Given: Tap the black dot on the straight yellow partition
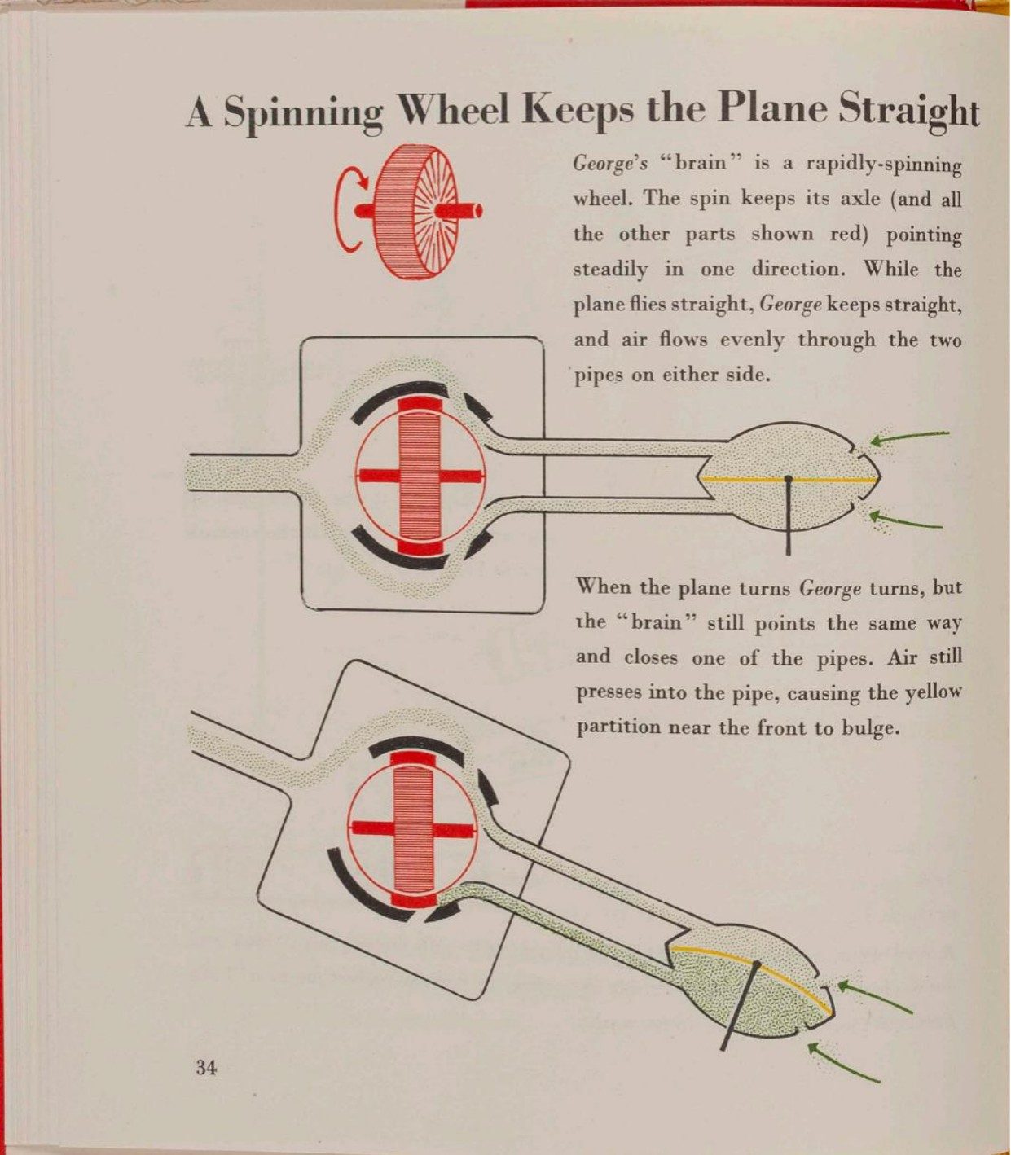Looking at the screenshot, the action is (788, 479).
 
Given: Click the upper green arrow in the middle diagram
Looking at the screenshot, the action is (909, 437).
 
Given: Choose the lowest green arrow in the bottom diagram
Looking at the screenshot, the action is (843, 1062).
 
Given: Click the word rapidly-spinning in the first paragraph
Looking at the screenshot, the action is (883, 165).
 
